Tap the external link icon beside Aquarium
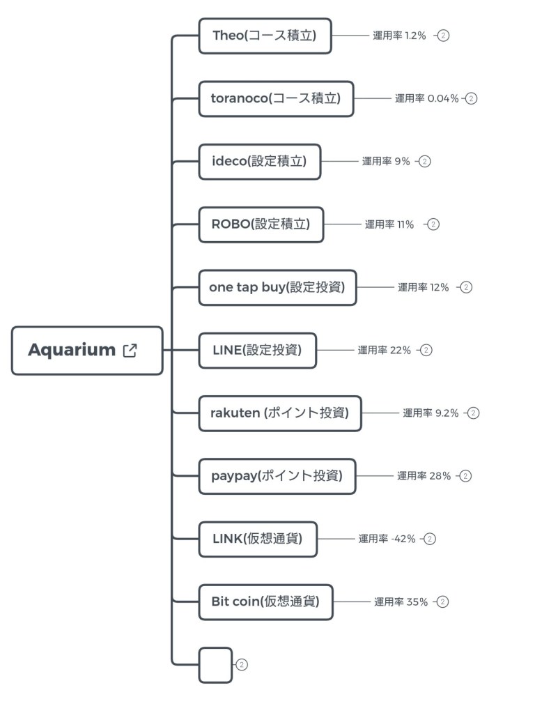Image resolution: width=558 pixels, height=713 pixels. (130, 350)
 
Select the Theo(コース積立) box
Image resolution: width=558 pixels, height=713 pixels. (265, 36)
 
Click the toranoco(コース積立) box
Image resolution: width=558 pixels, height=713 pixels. (276, 98)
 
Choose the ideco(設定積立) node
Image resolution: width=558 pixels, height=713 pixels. (259, 162)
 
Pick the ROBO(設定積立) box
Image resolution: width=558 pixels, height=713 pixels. (261, 224)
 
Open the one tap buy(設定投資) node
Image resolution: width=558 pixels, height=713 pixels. (277, 287)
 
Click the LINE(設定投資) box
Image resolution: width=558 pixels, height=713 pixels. (257, 350)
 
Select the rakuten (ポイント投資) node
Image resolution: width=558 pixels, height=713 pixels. (280, 413)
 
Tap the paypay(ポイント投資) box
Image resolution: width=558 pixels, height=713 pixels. (277, 476)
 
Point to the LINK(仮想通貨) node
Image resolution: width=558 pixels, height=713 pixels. (258, 539)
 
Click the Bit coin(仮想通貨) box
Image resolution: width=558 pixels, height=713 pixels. (265, 601)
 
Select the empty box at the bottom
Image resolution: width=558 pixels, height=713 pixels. (215, 665)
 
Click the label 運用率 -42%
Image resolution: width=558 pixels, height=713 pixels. (387, 539)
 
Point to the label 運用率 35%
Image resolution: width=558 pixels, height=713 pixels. (401, 601)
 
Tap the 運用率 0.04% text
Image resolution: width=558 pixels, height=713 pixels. (426, 98)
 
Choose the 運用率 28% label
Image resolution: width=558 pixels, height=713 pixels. (424, 476)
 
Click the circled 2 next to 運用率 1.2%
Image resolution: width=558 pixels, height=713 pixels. (444, 36)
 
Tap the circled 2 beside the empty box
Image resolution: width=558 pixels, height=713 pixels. (242, 665)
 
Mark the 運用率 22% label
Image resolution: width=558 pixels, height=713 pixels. (384, 350)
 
